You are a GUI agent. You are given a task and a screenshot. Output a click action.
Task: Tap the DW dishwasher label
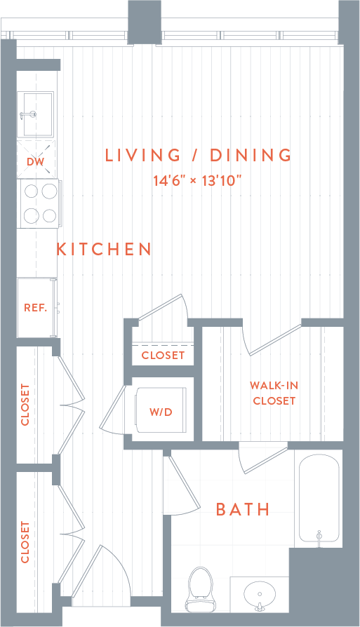point(35,162)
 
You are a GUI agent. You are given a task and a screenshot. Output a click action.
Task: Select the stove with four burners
point(38,203)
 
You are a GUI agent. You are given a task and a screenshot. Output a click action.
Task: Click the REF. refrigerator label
point(35,308)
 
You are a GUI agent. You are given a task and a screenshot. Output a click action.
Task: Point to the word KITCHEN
point(104,249)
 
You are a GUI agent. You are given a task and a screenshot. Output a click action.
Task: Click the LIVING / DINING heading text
point(198,155)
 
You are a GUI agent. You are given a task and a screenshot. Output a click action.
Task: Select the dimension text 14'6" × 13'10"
point(198,180)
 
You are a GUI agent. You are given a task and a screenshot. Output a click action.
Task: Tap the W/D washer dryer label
point(161,412)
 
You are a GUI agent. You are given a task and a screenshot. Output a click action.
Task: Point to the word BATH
point(243,509)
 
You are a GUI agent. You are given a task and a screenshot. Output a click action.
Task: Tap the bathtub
point(319,499)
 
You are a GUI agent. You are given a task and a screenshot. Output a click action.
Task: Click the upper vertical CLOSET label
point(26,405)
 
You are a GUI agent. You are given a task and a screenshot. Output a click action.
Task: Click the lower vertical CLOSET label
point(26,541)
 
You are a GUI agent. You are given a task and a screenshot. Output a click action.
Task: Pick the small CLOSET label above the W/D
point(163,355)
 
